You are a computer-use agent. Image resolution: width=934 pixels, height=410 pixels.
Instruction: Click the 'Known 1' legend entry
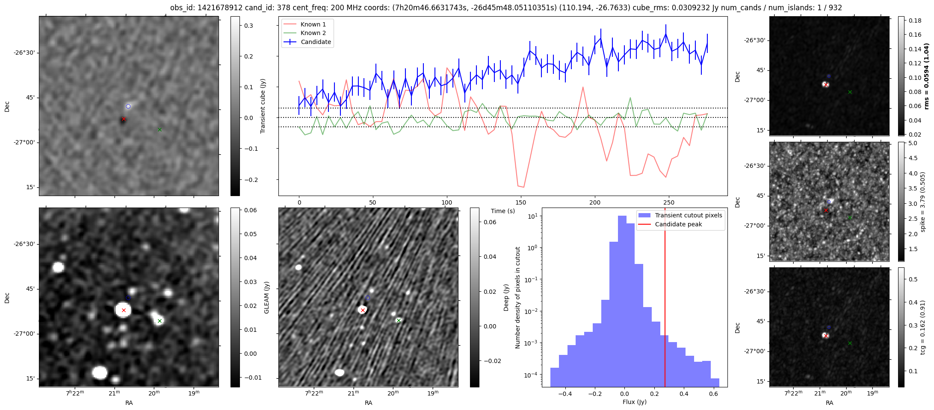tap(313, 24)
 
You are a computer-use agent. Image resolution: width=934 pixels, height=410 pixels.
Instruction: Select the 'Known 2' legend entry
tap(313, 33)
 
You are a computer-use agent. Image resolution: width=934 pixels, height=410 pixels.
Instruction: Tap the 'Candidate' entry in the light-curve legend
tap(316, 42)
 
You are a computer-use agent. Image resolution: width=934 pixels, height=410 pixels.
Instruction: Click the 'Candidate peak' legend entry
tap(678, 224)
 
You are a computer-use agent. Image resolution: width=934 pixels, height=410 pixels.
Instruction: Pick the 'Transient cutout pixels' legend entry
tap(688, 215)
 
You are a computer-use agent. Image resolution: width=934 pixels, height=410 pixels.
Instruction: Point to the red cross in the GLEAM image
tap(124, 310)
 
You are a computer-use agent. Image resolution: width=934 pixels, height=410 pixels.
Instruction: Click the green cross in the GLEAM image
tap(160, 321)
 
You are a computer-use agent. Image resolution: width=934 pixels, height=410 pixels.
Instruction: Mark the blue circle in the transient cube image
tap(128, 106)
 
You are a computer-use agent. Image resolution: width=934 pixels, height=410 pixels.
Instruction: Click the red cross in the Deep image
tap(363, 310)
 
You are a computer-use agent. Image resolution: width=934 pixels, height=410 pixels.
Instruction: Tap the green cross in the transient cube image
tap(160, 129)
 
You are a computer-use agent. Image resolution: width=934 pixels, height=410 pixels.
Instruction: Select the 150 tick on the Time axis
tap(521, 202)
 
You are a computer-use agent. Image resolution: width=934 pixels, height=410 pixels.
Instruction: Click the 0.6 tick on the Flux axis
tap(713, 394)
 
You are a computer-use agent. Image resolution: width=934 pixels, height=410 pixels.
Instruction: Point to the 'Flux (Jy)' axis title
tap(635, 402)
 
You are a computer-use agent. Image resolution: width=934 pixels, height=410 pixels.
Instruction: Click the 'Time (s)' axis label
tap(502, 211)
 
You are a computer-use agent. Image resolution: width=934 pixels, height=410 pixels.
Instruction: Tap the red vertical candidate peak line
tap(665, 299)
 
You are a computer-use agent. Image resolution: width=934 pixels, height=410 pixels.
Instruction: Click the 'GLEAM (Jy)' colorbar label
tap(266, 297)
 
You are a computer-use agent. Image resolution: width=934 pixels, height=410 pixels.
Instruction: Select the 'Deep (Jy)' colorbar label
tap(506, 297)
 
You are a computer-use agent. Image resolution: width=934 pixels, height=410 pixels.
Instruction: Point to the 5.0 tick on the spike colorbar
tap(913, 143)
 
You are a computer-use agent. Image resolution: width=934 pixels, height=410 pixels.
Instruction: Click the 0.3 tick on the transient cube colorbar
tap(248, 26)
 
